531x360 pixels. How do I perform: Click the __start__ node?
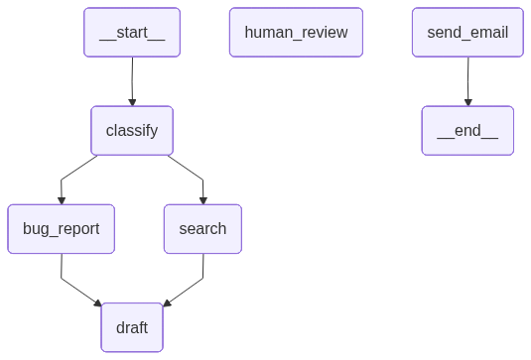132,32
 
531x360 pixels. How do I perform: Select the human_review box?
296,32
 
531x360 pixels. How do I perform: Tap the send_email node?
467,32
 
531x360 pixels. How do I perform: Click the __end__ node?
467,131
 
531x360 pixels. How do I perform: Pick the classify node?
132,131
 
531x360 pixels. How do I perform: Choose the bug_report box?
61,229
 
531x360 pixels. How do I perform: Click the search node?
202,229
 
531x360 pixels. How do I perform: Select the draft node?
132,327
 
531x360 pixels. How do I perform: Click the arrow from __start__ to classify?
132,79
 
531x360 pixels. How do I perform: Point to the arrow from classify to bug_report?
75,171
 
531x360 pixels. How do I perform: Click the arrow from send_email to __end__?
467,79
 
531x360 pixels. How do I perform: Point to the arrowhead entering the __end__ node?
467,101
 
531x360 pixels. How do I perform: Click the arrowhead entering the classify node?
132,101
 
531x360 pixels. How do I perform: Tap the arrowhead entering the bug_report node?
61,199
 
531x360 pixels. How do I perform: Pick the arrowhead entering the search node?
202,199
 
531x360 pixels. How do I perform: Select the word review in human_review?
323,32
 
